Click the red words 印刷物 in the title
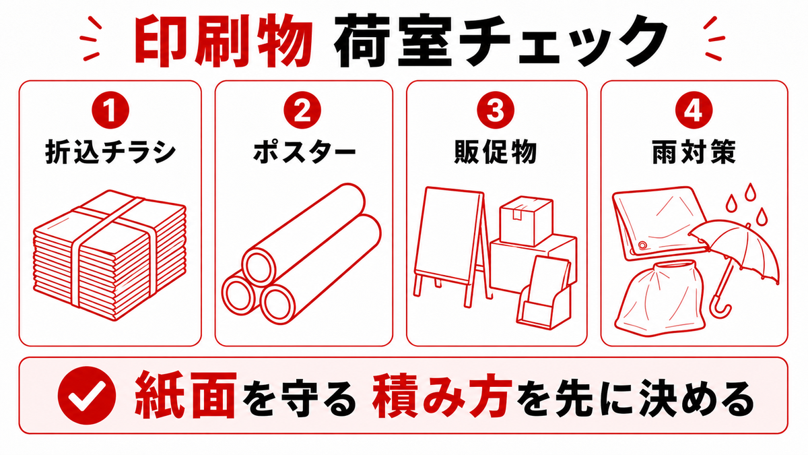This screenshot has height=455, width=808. coord(224,41)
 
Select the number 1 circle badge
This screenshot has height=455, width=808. coord(110,110)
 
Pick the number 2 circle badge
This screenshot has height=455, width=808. coord(302,110)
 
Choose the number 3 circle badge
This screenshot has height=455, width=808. coord(496,110)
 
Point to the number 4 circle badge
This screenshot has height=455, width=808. coord(694,110)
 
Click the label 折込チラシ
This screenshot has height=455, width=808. coord(110,152)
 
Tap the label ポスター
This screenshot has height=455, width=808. coord(304,152)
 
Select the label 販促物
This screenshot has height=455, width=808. coord(496,152)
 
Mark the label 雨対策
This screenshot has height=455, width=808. coord(694,152)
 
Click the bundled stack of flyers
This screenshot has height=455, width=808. coord(110,255)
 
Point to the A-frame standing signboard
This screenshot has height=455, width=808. coord(451,245)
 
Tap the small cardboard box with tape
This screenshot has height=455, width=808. coord(527,220)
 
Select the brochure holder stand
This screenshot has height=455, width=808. coord(544,293)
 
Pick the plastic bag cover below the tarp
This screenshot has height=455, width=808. coord(659,299)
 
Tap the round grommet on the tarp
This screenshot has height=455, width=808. coord(642,245)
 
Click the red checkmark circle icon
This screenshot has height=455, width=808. coord(87,396)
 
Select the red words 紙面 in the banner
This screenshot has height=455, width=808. coord(186,396)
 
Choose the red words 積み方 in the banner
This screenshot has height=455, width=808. coord(442,396)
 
